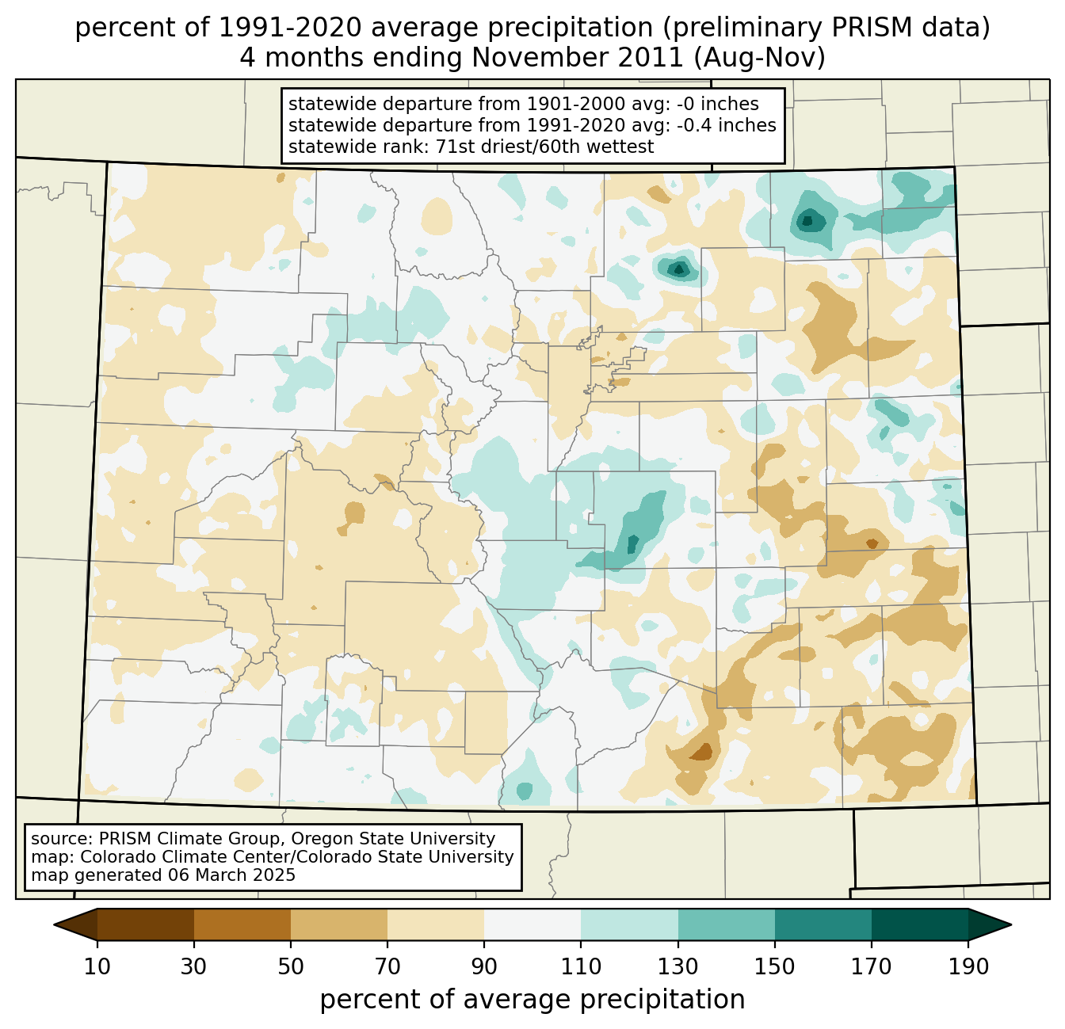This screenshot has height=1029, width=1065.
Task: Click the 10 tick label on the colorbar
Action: click(97, 967)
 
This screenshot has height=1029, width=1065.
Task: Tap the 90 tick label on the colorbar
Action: click(484, 967)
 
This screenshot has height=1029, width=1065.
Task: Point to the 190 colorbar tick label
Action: click(968, 967)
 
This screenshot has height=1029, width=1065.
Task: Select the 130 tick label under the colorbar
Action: click(678, 967)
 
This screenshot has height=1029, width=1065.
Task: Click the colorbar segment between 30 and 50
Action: click(242, 924)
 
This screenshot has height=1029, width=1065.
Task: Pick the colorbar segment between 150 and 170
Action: click(823, 924)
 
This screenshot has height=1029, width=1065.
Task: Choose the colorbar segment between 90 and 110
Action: click(532, 924)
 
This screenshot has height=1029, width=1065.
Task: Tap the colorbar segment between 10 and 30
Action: click(146, 924)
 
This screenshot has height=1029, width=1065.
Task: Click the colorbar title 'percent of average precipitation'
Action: click(532, 1000)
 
